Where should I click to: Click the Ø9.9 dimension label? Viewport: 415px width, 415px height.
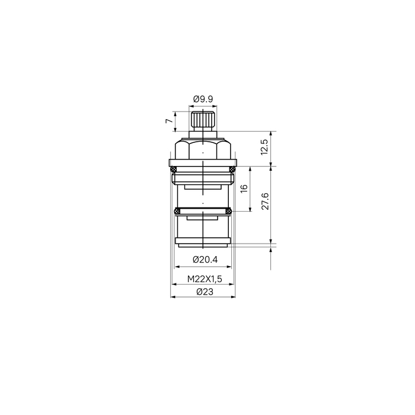click(x=203, y=99)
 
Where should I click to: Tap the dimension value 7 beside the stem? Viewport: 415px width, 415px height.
click(x=169, y=121)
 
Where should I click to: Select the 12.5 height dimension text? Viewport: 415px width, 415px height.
click(x=264, y=147)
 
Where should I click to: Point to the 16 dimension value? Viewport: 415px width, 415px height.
click(x=244, y=188)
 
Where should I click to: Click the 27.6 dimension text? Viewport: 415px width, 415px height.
click(x=265, y=202)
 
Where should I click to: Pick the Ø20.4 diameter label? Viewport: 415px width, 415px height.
click(x=205, y=260)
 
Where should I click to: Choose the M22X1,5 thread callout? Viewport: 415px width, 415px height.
click(x=205, y=279)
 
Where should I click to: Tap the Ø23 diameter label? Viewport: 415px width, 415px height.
click(x=205, y=292)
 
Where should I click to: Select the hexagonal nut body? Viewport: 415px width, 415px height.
click(x=203, y=149)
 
